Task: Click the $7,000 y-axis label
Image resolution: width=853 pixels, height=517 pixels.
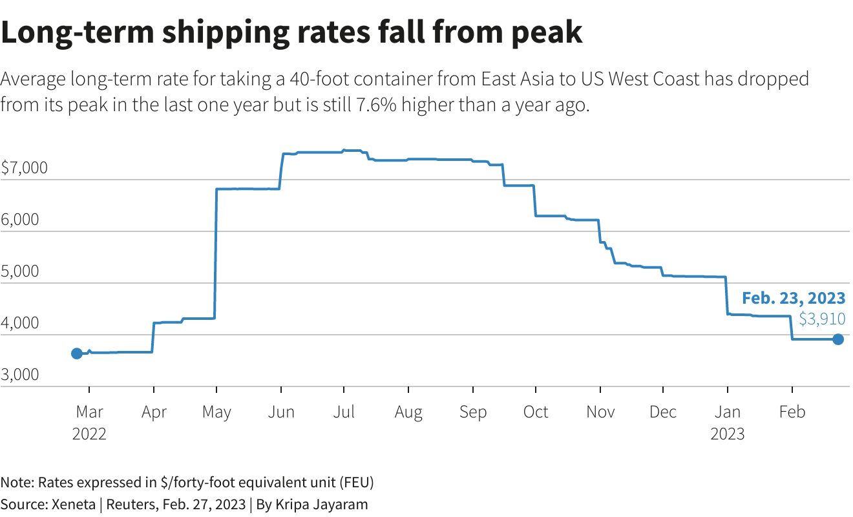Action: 24,169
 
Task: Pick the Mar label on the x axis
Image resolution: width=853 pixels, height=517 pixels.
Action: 89,412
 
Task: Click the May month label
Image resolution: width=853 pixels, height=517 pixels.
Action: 216,412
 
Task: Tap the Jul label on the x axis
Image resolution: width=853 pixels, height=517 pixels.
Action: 344,412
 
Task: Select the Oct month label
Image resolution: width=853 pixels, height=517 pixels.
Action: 535,412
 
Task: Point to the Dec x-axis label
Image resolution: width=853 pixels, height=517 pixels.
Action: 663,412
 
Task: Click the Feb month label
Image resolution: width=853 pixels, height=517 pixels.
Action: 792,412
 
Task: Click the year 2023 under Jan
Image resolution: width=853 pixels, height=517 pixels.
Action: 728,434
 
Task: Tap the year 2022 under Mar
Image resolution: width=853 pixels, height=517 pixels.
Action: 89,434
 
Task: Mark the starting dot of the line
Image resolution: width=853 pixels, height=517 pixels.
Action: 76,353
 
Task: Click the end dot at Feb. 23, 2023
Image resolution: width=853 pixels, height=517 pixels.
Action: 837,339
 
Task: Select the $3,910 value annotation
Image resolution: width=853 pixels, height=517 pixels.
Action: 822,319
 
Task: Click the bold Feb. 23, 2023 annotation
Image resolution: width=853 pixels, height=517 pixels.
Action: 793,298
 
